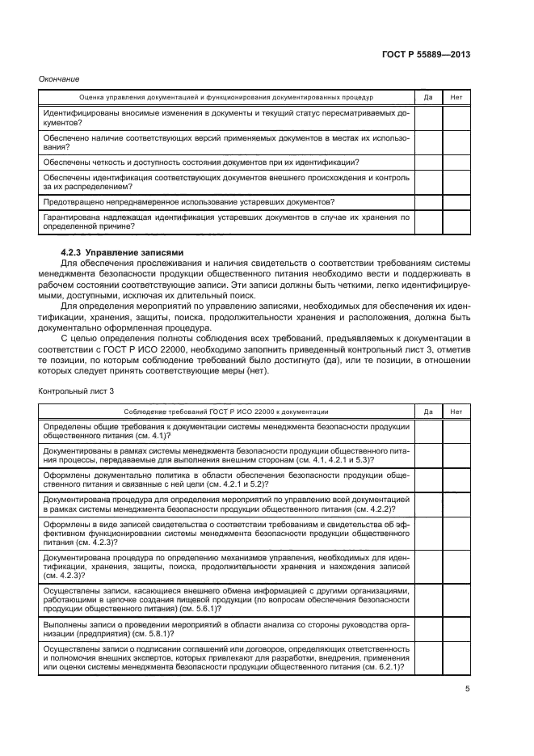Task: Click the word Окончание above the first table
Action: point(59,78)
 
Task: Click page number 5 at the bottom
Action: point(468,689)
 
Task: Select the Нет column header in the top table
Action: point(456,97)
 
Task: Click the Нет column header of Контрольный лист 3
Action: point(456,412)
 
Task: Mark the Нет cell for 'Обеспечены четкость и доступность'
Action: point(456,162)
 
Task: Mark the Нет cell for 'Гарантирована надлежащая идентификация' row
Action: point(456,222)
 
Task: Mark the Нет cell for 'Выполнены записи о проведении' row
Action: point(456,630)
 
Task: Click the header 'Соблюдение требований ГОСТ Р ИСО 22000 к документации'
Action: point(225,412)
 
